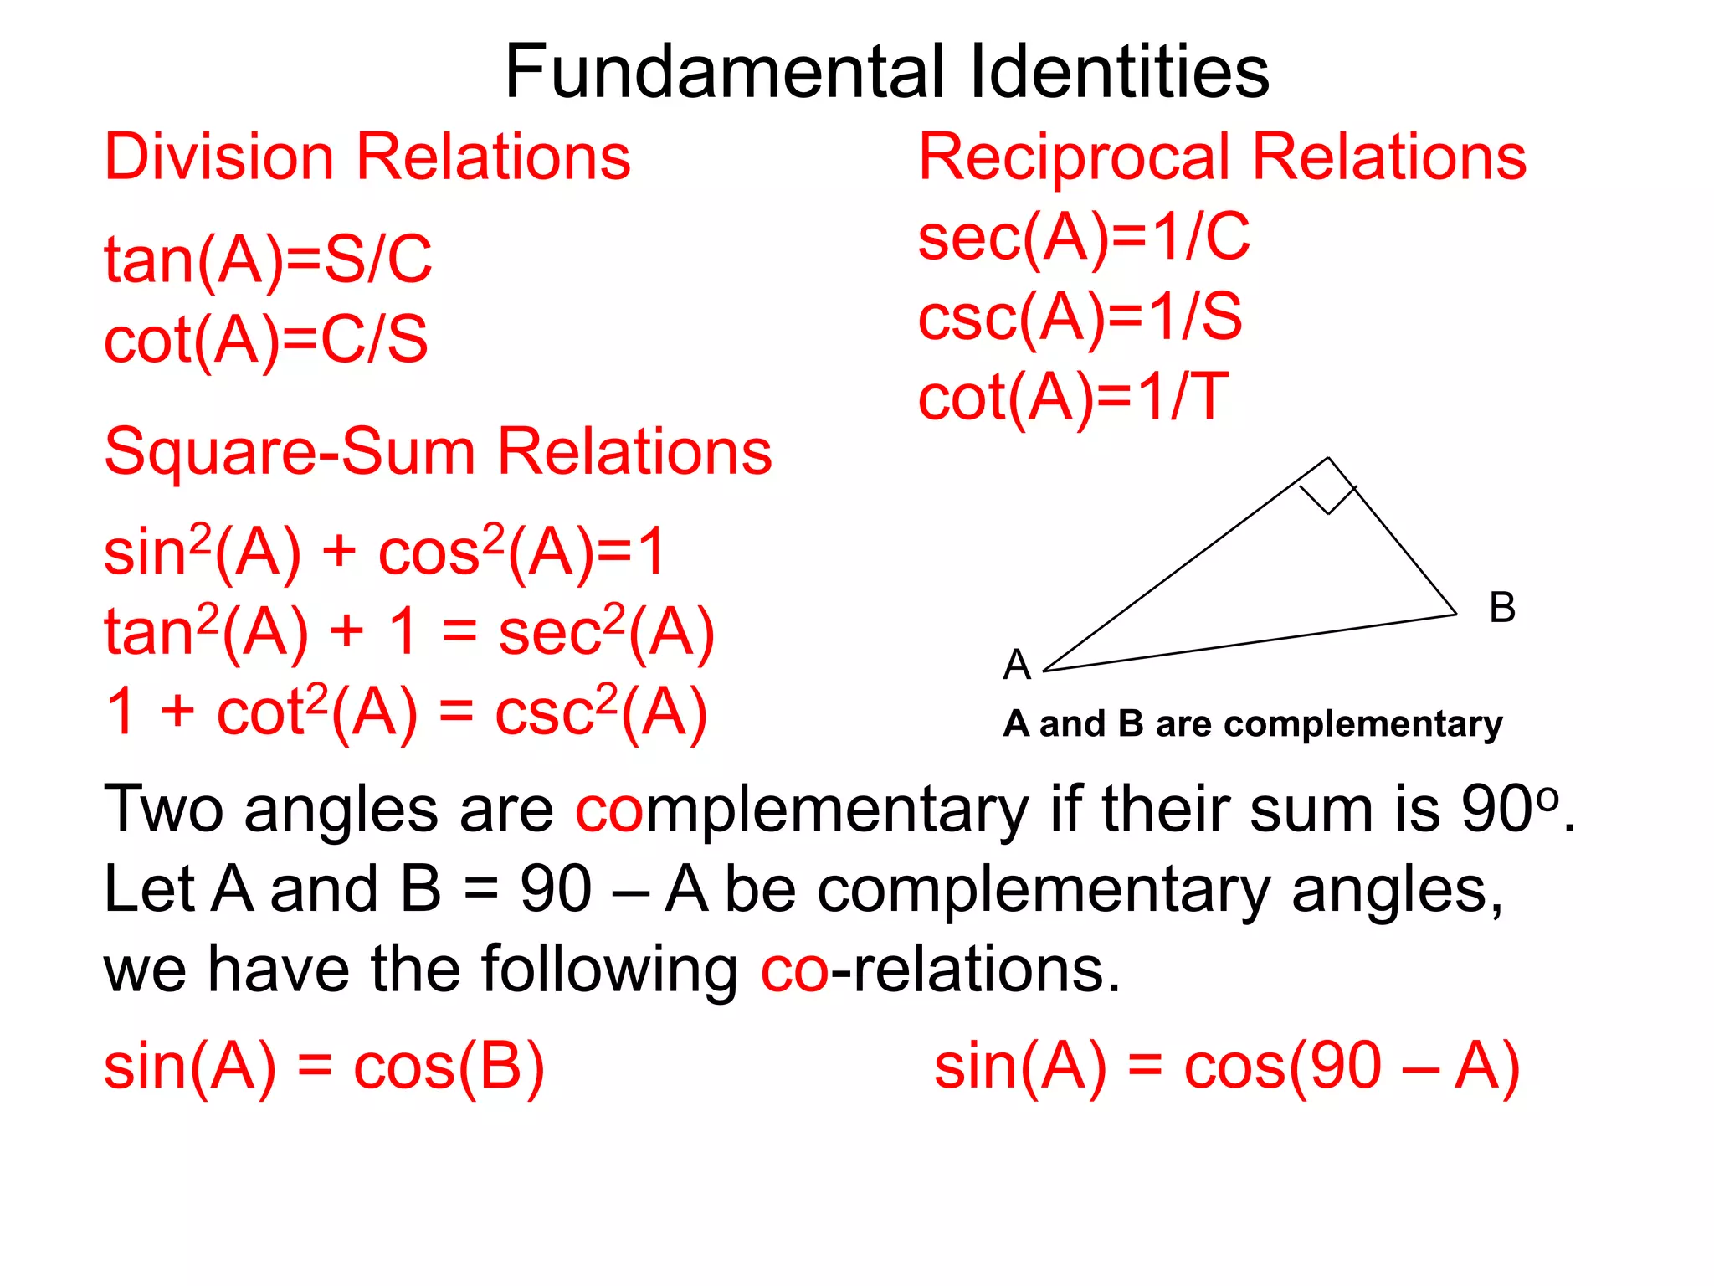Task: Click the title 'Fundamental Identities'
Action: point(886,72)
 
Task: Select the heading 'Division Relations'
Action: point(367,157)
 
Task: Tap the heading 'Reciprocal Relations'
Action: point(1222,157)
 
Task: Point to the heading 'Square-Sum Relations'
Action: point(438,452)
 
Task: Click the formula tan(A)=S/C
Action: point(268,260)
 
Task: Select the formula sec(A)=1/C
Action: point(1084,239)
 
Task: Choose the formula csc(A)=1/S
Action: point(1080,318)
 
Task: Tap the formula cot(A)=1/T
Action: point(1073,398)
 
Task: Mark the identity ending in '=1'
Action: point(384,553)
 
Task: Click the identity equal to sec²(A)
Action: point(409,632)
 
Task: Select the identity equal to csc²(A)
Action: point(407,712)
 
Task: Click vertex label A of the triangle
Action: point(1017,665)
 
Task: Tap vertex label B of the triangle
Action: point(1502,607)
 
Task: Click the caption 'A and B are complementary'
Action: point(1252,724)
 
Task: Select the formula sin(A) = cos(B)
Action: point(324,1067)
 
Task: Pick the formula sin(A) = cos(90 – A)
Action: point(1226,1067)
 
